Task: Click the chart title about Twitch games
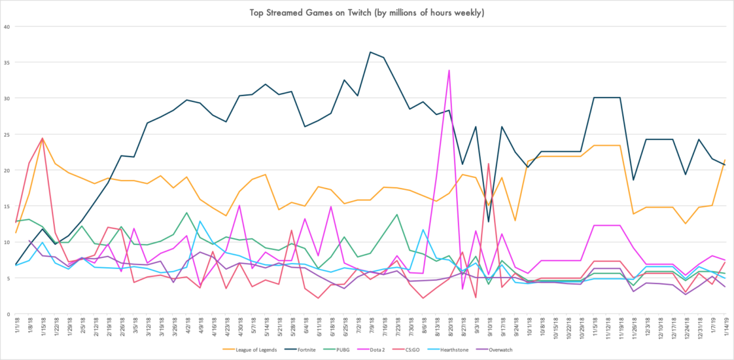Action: coord(366,12)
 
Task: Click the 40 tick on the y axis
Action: coord(8,27)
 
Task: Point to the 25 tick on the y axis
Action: coord(8,135)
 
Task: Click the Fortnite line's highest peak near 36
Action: coord(371,52)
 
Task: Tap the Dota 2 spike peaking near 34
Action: coord(449,70)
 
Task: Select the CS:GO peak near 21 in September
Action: coord(489,164)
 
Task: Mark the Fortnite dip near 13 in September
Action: coord(489,221)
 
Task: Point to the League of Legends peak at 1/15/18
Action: coord(43,139)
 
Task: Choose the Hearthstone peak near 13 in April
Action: coord(200,221)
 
